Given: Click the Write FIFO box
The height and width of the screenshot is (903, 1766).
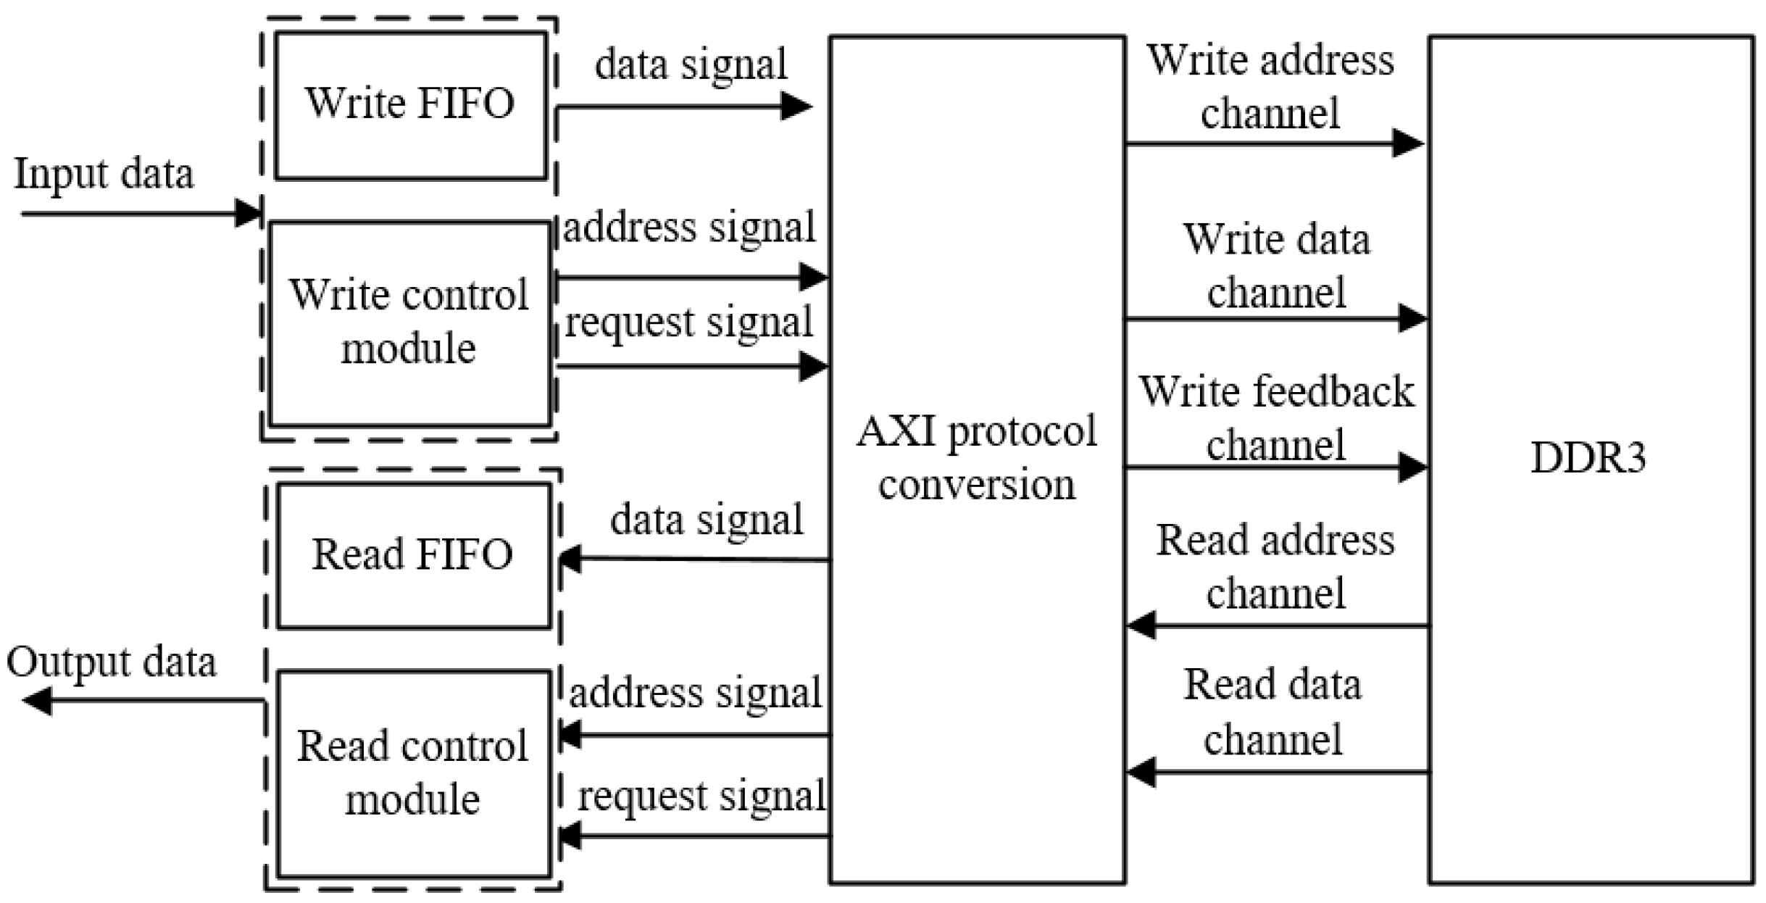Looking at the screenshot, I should click(x=410, y=105).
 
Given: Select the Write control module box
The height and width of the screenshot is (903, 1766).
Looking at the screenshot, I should click(x=409, y=323).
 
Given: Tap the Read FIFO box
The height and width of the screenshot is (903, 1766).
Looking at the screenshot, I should click(x=413, y=555).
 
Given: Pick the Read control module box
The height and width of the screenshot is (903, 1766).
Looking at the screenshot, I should click(x=413, y=773).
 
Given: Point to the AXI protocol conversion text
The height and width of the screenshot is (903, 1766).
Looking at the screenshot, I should click(x=976, y=458).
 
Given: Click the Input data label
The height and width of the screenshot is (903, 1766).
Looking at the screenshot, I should click(x=104, y=174).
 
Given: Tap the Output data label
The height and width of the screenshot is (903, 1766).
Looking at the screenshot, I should click(x=111, y=662).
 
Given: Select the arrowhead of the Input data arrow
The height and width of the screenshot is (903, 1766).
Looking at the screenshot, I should click(x=249, y=214).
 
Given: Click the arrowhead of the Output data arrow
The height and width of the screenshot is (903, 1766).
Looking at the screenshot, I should click(x=36, y=701).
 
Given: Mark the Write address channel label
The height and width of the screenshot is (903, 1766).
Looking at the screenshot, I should click(x=1270, y=86).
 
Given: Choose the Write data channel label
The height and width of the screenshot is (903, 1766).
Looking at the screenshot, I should click(x=1276, y=265).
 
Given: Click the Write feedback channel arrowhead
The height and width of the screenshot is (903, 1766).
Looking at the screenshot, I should click(x=1412, y=467).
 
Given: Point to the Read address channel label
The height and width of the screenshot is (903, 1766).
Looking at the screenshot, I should click(x=1275, y=566).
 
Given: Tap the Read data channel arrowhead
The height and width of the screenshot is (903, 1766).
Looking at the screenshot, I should click(x=1142, y=773).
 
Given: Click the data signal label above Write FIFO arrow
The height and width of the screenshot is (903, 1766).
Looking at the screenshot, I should click(x=691, y=64).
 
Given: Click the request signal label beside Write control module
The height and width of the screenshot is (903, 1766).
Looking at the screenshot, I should click(x=688, y=322).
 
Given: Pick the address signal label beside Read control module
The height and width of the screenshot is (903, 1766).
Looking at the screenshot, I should click(x=695, y=692).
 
